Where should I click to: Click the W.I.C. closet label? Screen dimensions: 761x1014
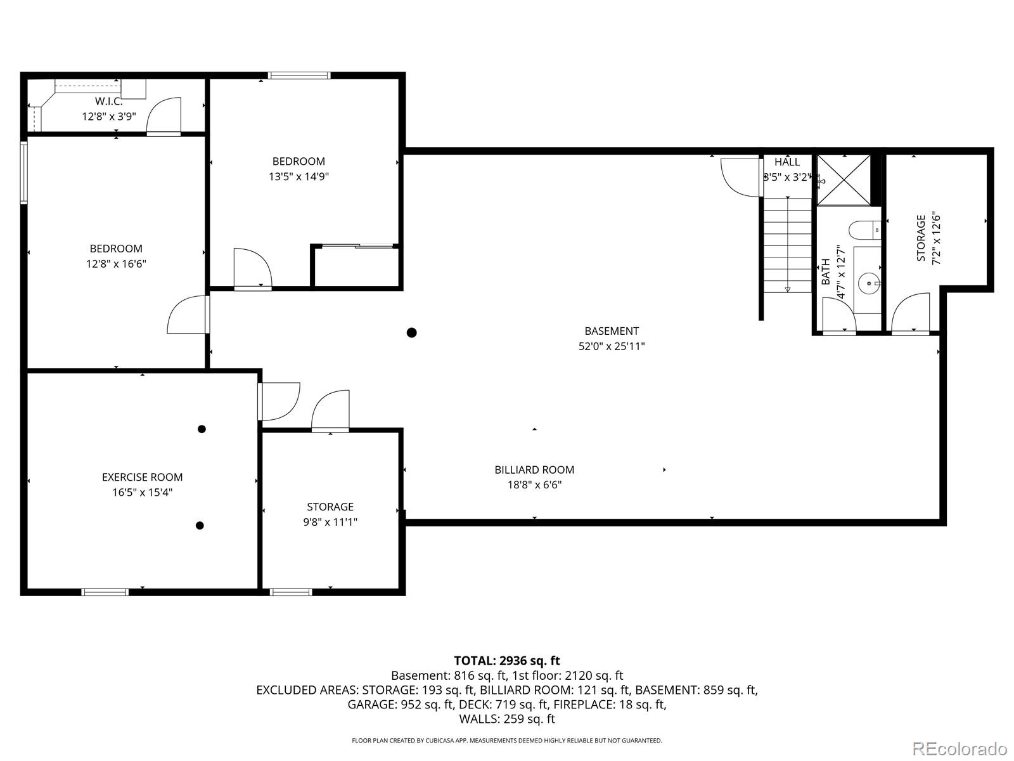pyautogui.click(x=108, y=101)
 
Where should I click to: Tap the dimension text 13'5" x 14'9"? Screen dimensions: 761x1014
pyautogui.click(x=298, y=176)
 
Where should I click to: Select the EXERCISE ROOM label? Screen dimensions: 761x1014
pyautogui.click(x=142, y=477)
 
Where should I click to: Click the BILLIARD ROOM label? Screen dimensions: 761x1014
pyautogui.click(x=534, y=469)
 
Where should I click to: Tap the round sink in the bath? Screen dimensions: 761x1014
pyautogui.click(x=868, y=282)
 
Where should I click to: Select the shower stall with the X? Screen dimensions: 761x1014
pyautogui.click(x=844, y=179)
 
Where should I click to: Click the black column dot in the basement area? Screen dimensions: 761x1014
pyautogui.click(x=411, y=332)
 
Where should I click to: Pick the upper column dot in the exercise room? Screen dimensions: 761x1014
pyautogui.click(x=202, y=429)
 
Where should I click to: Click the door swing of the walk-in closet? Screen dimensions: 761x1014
pyautogui.click(x=164, y=116)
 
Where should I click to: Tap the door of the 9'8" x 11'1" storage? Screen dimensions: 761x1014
pyautogui.click(x=331, y=411)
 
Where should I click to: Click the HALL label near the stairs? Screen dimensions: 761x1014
pyautogui.click(x=786, y=162)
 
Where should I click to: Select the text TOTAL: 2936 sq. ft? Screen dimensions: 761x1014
pyautogui.click(x=506, y=661)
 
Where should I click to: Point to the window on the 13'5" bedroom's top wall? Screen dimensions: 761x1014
pyautogui.click(x=299, y=75)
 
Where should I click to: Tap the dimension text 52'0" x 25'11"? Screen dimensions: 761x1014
pyautogui.click(x=611, y=346)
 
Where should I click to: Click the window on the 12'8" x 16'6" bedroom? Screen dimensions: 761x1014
pyautogui.click(x=24, y=172)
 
